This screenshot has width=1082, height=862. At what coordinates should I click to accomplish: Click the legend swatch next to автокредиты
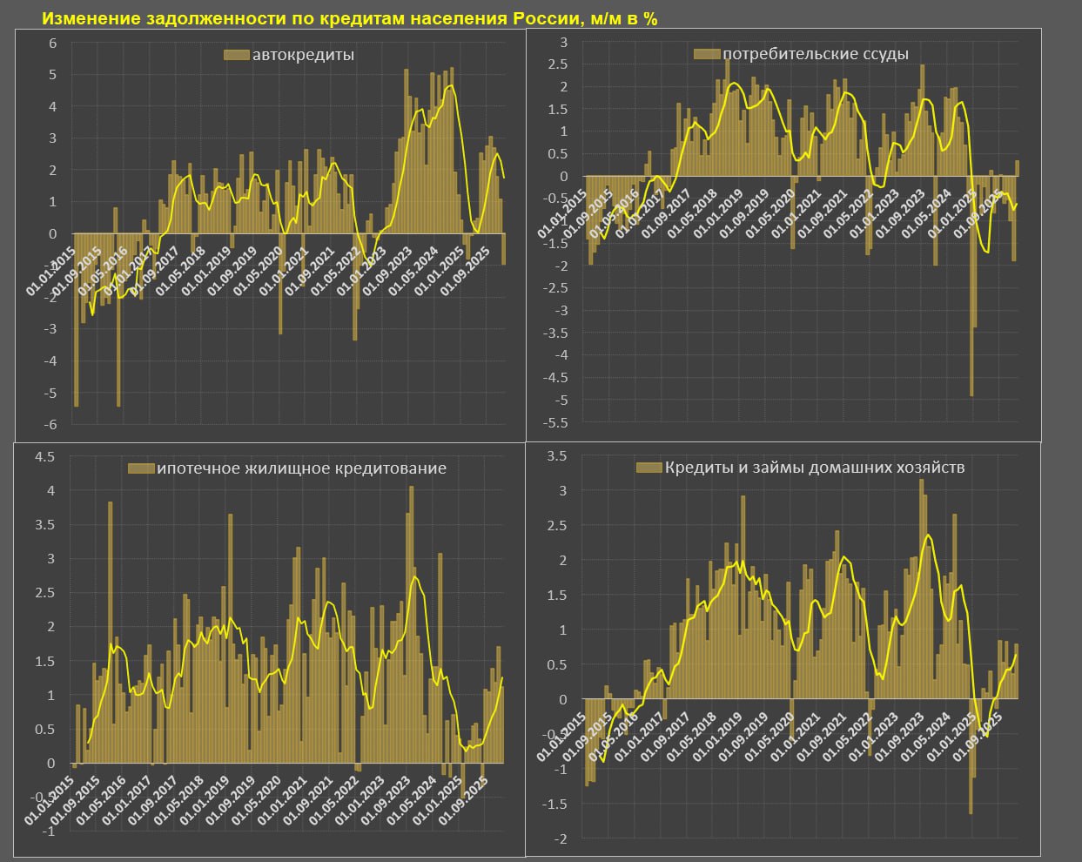click(x=236, y=55)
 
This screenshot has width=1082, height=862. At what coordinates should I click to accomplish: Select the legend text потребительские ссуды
click(x=815, y=54)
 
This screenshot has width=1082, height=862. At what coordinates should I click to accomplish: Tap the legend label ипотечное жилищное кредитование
click(x=300, y=468)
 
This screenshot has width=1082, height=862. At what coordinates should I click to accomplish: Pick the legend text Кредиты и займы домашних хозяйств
click(x=814, y=468)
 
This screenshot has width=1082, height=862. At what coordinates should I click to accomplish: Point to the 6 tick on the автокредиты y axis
click(x=53, y=43)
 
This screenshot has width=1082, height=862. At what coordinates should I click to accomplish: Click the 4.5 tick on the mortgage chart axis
click(x=45, y=456)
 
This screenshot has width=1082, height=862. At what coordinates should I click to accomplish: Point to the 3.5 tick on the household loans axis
click(x=558, y=456)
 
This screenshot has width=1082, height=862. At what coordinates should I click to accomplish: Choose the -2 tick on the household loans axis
click(x=561, y=838)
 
